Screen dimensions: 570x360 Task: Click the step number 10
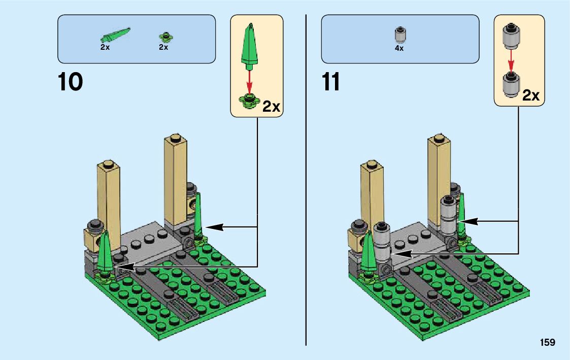pos(70,82)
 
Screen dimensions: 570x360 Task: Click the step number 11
pos(331,82)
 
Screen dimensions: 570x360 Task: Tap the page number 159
pos(548,342)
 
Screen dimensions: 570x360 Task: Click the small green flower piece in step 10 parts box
pos(166,37)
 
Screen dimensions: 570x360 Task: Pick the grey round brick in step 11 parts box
pos(400,35)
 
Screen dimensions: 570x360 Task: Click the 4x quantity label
pos(399,48)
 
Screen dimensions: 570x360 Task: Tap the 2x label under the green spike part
pos(105,47)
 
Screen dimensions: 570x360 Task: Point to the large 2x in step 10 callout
pos(271,107)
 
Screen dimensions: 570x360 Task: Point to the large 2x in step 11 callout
pos(531,95)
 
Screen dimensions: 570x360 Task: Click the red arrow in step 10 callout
pos(249,81)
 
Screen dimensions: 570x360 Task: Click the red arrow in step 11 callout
pos(511,61)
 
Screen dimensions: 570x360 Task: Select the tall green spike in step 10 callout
pos(249,46)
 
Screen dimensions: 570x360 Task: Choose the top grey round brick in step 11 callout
pos(511,37)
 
